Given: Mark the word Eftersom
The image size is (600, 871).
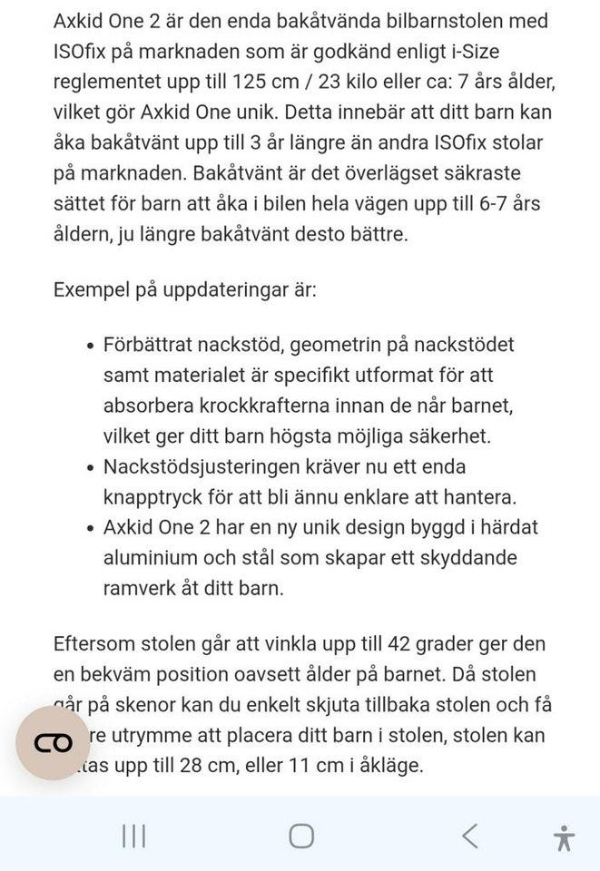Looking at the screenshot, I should click(94, 644).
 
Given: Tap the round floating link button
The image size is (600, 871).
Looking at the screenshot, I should click(52, 743).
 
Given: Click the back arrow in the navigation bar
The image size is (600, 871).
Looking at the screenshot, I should click(469, 836).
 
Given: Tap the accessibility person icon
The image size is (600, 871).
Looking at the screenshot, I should click(564, 837).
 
